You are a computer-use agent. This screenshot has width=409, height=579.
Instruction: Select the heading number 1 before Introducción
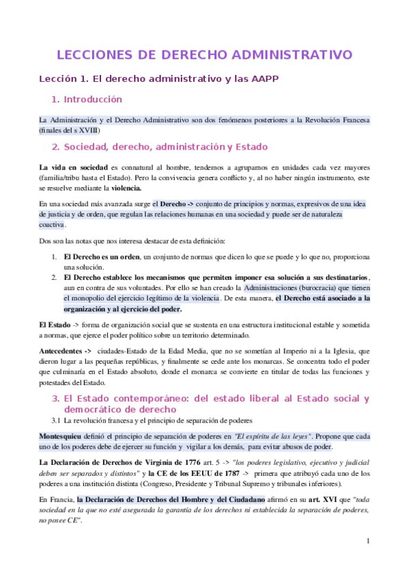pos(56,100)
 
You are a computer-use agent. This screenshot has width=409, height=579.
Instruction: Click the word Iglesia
pos(341,350)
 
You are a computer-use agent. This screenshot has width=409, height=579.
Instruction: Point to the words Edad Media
pos(180,350)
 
